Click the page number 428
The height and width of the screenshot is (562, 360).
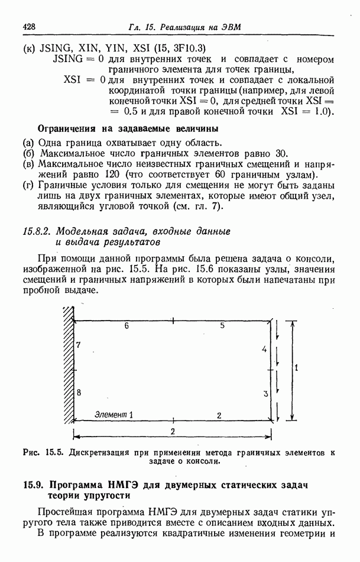coord(30,27)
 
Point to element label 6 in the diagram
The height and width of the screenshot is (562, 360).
coord(127,326)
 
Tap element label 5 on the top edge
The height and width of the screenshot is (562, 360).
coord(222,326)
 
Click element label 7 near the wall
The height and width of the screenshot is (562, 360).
coord(79,344)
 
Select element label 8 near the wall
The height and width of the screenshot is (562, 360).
coord(79,392)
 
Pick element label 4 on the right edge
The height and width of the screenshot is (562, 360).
coord(264,350)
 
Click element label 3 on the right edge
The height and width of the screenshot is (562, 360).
coord(265,393)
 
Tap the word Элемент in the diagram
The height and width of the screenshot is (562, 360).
coord(111,415)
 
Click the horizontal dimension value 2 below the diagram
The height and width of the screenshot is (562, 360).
coord(173,431)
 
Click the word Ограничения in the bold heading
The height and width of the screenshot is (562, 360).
coord(66,128)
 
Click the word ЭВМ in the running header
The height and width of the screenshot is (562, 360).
coord(231,27)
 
